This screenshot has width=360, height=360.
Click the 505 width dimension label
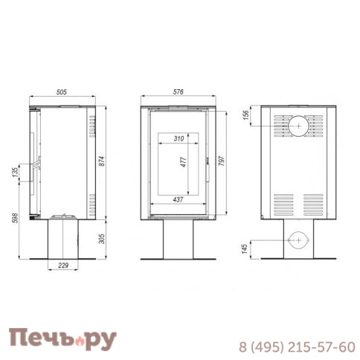coord(62,91)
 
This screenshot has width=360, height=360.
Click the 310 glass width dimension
coord(178,139)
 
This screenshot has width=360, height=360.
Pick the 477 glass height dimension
coord(183,164)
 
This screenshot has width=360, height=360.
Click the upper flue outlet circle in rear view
coord(298,126)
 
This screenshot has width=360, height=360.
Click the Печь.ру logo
coord(62,339)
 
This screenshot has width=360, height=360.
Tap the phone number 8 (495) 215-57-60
coord(296,347)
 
